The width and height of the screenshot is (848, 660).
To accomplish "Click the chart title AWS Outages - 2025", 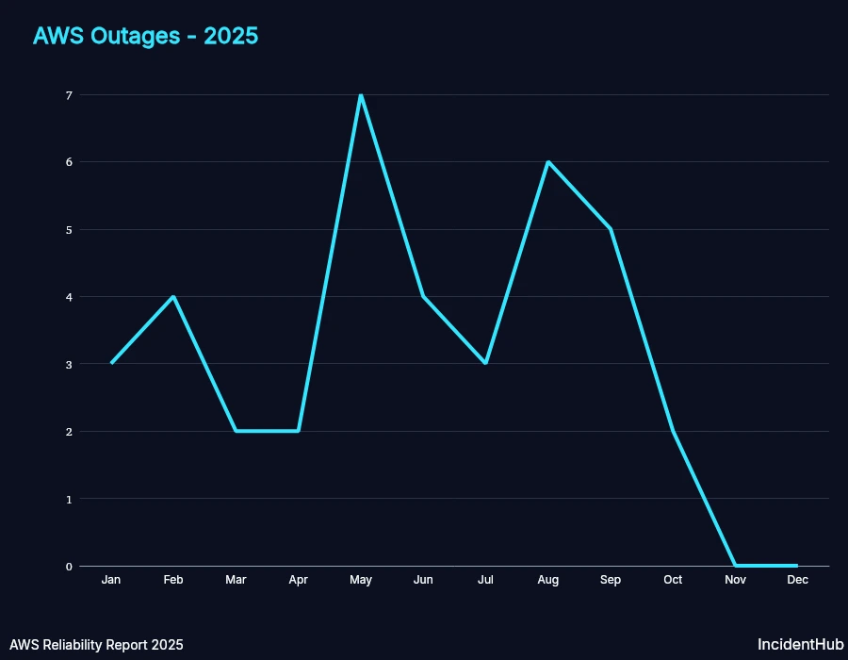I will [x=145, y=36].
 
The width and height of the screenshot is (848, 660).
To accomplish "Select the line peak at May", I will [x=361, y=95].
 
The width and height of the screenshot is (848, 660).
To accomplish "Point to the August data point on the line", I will [x=547, y=162].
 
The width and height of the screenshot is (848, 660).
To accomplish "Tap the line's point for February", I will [x=173, y=297].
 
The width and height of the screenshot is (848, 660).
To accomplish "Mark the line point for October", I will [x=673, y=431].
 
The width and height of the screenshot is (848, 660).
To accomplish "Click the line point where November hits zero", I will [x=735, y=566].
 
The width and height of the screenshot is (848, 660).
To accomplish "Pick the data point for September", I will [x=611, y=229].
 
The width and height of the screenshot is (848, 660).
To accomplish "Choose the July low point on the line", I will [x=485, y=363].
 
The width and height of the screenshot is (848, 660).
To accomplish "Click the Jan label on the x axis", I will [x=111, y=580].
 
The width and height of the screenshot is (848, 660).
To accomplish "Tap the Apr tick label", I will [x=298, y=580].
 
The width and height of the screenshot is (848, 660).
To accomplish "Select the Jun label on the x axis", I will [x=423, y=580].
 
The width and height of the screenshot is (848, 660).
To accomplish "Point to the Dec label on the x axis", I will [x=797, y=580].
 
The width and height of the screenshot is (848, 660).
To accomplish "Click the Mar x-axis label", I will [x=236, y=580].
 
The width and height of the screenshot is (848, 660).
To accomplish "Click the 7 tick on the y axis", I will [x=69, y=95].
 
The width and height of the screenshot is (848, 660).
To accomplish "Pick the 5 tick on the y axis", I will [x=69, y=230].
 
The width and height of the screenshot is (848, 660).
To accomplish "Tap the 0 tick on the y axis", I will [x=69, y=567].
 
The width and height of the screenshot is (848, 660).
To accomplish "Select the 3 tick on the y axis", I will [x=69, y=364].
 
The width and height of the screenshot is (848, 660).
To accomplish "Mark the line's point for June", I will [x=423, y=297].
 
